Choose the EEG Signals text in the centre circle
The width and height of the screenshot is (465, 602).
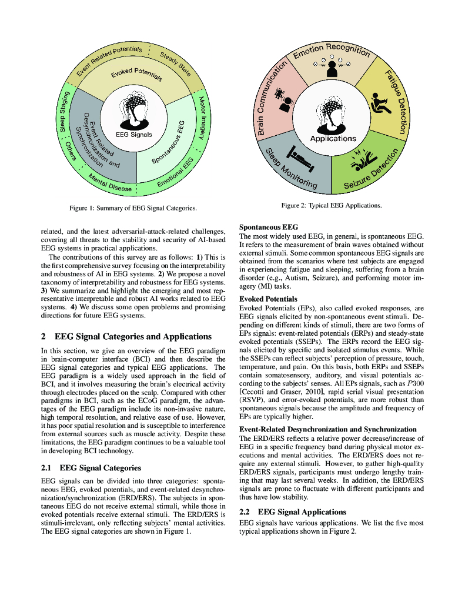[x=133, y=134]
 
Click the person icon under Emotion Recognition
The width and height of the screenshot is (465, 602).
[x=332, y=68]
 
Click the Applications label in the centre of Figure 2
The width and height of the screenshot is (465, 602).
[x=333, y=139]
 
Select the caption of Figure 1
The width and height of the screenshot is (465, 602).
[x=133, y=208]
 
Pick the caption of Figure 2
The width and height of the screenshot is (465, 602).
[x=332, y=205]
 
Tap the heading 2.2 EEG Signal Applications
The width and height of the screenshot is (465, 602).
[x=293, y=511]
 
